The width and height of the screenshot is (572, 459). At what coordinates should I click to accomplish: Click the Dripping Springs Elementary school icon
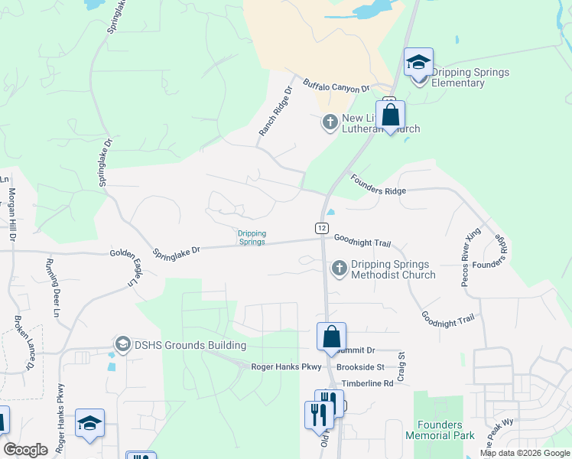point(418,62)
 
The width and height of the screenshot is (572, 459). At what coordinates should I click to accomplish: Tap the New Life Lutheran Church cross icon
point(330,122)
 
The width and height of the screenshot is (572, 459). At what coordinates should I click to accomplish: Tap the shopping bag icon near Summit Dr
point(331,336)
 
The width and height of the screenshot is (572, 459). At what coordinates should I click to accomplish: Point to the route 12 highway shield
point(322,228)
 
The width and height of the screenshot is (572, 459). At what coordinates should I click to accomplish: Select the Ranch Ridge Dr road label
point(275,112)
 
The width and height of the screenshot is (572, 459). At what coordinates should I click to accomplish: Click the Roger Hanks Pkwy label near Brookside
point(287,367)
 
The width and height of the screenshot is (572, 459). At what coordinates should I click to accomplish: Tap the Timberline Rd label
point(368,382)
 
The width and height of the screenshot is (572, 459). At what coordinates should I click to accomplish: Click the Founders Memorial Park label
point(440,431)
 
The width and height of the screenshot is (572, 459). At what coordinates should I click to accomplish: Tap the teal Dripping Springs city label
point(251,238)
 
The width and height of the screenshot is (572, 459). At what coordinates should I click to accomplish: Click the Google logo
point(26,450)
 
